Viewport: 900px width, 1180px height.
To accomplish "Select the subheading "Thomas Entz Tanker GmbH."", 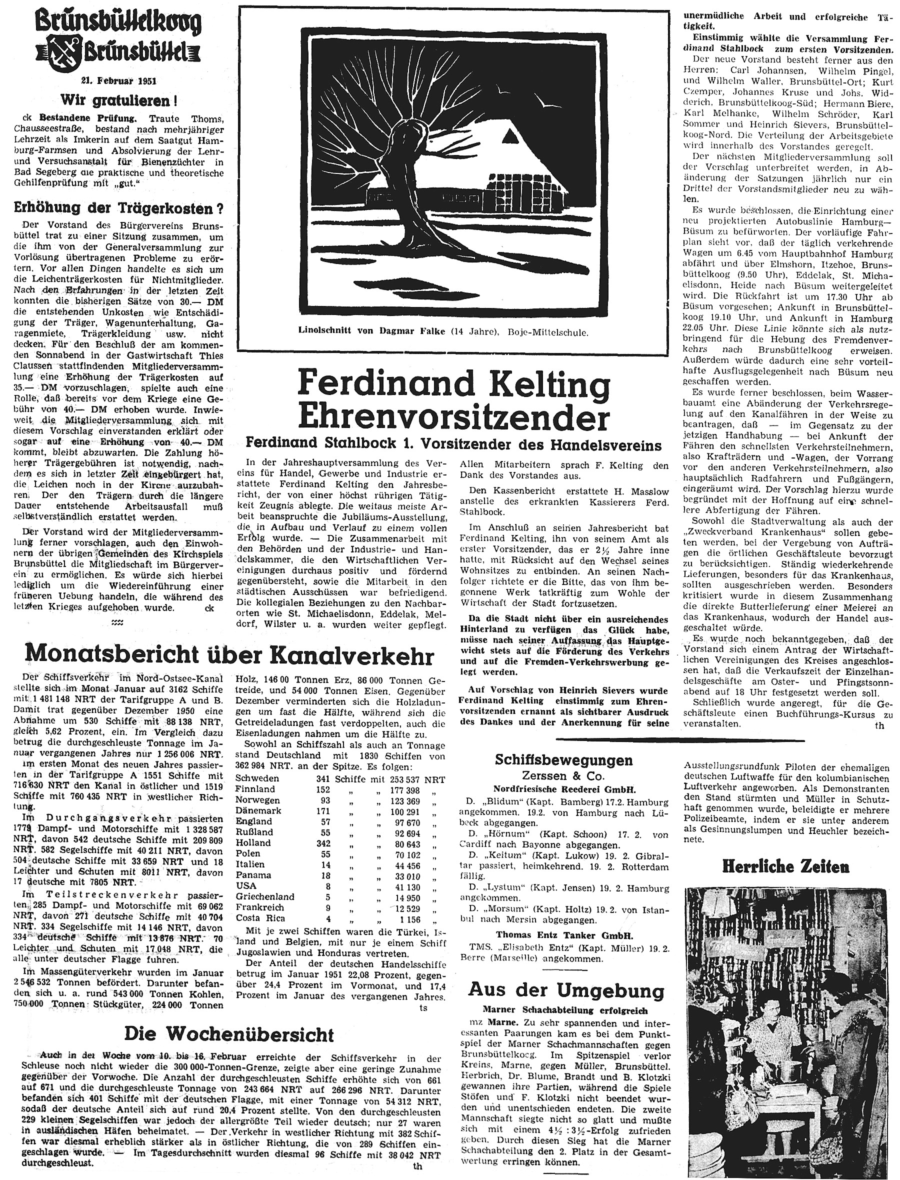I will [x=563, y=936].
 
